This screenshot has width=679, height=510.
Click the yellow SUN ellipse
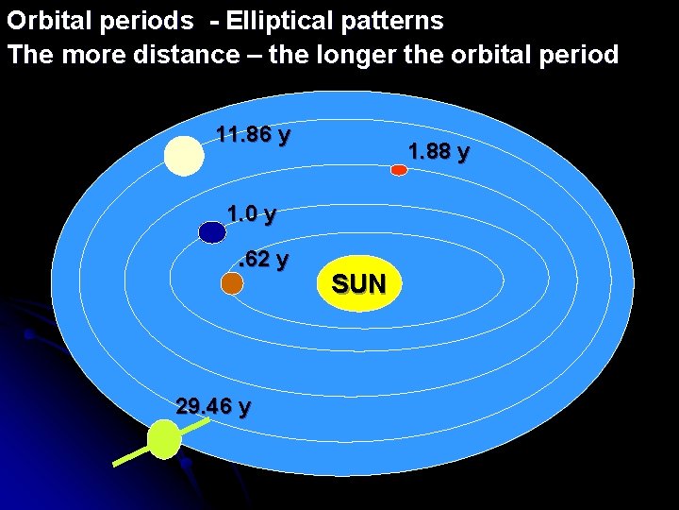pyautogui.click(x=358, y=282)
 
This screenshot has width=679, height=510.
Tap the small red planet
pyautogui.click(x=399, y=170)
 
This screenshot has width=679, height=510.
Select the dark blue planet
pyautogui.click(x=212, y=231)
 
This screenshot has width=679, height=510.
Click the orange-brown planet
pyautogui.click(x=232, y=282)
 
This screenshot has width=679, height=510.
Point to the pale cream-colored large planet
pyautogui.click(x=184, y=156)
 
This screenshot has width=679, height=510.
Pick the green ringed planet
pyautogui.click(x=164, y=440)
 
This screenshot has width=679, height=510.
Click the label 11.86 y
pyautogui.click(x=253, y=134)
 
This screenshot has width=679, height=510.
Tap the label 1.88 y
pyautogui.click(x=439, y=151)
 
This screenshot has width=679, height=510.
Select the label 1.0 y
pyautogui.click(x=252, y=214)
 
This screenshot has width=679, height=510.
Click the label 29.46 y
pyautogui.click(x=213, y=407)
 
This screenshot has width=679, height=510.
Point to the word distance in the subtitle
pyautogui.click(x=191, y=55)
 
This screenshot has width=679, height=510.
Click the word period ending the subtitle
pyautogui.click(x=581, y=55)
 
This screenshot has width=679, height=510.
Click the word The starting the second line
pyautogui.click(x=30, y=55)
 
